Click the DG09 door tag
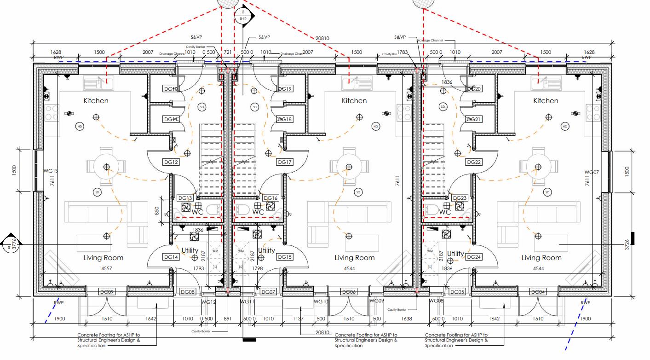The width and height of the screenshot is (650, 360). (x=107, y=291)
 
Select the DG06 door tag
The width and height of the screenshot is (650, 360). (x=349, y=291)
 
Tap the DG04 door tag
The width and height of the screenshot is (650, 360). (x=538, y=291)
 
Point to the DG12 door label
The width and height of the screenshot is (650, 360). (x=171, y=162)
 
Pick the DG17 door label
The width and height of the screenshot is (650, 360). (x=285, y=162)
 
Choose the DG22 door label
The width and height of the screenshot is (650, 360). (x=474, y=162)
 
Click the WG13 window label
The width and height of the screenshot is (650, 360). (x=51, y=171)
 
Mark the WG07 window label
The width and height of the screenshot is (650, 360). (x=592, y=172)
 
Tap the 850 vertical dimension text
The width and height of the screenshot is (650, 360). (x=157, y=211)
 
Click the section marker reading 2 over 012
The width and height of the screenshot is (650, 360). (x=243, y=15)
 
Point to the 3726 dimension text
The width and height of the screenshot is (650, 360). (x=627, y=244)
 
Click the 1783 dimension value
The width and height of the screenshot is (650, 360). (x=403, y=52)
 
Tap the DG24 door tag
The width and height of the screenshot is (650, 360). (x=474, y=257)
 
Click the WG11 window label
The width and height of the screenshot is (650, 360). (x=247, y=302)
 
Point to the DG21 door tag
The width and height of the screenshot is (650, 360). (x=474, y=119)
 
